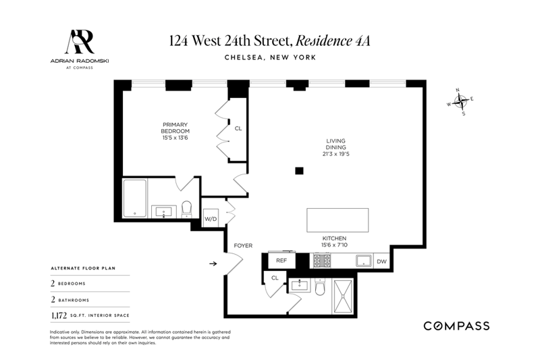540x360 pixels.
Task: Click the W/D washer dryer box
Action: pyautogui.click(x=211, y=218)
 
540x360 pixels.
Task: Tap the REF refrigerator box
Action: pyautogui.click(x=281, y=261)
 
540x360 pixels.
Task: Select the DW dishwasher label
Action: pyautogui.click(x=381, y=261)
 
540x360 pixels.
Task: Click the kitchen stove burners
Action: pyautogui.click(x=322, y=261)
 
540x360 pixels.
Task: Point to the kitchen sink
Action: pyautogui.click(x=364, y=261)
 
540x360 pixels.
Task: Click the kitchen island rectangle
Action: pyautogui.click(x=337, y=220)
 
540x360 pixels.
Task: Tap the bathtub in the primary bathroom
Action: pyautogui.click(x=134, y=199)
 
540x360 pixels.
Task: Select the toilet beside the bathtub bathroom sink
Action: pyautogui.click(x=186, y=209)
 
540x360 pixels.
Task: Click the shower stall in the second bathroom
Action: pyautogui.click(x=343, y=297)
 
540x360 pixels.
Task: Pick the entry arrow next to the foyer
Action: pyautogui.click(x=213, y=263)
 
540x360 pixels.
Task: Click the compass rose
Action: pyautogui.click(x=460, y=101)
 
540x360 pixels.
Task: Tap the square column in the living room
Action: pyautogui.click(x=299, y=170)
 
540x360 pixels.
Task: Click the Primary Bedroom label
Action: pyautogui.click(x=175, y=128)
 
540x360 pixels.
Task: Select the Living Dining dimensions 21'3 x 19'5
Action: pyautogui.click(x=335, y=154)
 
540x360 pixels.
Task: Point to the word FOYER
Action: pyautogui.click(x=243, y=246)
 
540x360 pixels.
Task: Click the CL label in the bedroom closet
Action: pyautogui.click(x=238, y=128)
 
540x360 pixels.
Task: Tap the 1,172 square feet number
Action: pyautogui.click(x=59, y=315)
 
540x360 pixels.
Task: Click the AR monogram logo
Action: pyautogui.click(x=80, y=42)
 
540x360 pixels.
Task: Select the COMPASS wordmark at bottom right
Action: pyautogui.click(x=456, y=326)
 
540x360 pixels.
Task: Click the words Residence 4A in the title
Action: pyautogui.click(x=333, y=41)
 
